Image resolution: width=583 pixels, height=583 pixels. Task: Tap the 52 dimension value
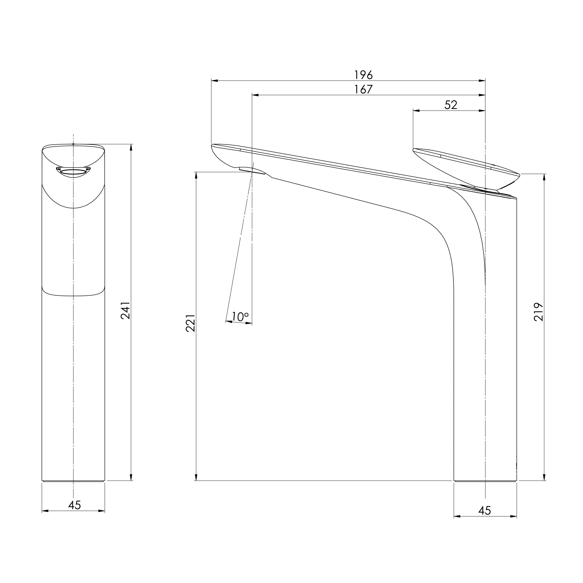[x=451, y=105]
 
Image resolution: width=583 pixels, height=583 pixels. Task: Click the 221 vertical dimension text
[x=190, y=323]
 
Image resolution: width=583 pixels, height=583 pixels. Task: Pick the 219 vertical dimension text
[x=538, y=312]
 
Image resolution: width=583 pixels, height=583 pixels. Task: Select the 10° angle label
[x=240, y=317]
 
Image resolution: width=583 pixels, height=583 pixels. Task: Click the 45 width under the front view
[x=74, y=505]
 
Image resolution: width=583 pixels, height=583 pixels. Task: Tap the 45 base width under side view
[x=485, y=511]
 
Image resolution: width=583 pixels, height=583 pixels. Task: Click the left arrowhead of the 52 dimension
[x=416, y=111]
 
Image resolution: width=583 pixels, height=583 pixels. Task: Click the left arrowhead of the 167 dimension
[x=255, y=95]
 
